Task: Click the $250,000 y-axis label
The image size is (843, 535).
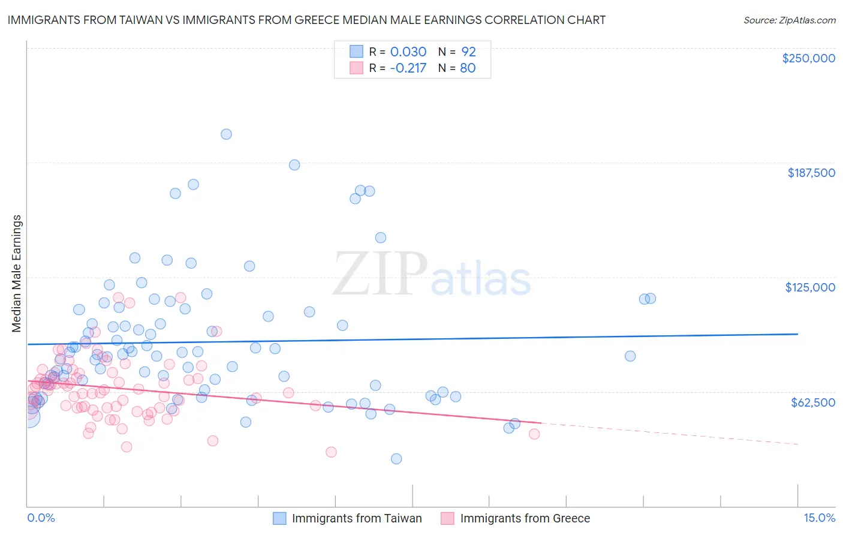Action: tap(808, 58)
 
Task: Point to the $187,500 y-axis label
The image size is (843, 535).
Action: tap(811, 173)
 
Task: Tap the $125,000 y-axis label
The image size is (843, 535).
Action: tap(810, 287)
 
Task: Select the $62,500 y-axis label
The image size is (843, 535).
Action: tap(812, 402)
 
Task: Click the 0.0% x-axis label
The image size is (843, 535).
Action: tap(41, 518)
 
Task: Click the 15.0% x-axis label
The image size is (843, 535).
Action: tap(819, 518)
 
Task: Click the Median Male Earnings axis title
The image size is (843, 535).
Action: tap(17, 273)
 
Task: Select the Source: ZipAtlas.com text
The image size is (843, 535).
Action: tap(789, 20)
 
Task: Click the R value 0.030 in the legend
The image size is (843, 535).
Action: tap(408, 52)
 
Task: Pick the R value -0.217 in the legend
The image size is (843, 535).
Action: tap(408, 68)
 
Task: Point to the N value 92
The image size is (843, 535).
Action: tap(468, 52)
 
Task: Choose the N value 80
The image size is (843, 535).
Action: tap(468, 68)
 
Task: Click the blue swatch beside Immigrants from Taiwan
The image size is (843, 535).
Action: tap(279, 518)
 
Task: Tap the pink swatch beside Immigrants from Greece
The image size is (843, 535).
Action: tap(447, 518)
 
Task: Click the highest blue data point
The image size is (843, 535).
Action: tap(226, 134)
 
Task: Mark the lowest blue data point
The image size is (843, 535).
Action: tap(396, 459)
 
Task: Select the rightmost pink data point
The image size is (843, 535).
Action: tap(534, 434)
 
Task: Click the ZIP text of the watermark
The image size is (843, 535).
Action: tap(380, 274)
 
